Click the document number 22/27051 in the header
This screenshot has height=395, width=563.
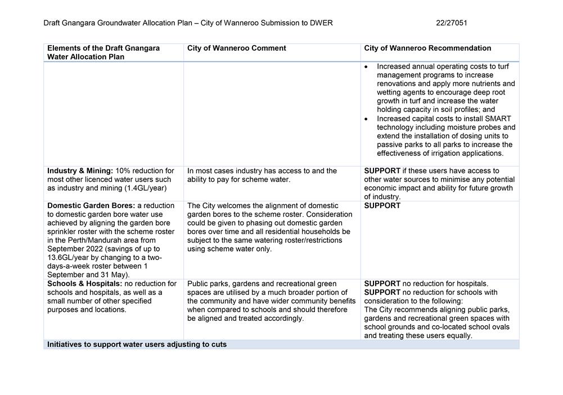(451, 23)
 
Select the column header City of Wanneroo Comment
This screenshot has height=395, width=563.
(236, 48)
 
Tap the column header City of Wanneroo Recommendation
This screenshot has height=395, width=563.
(427, 48)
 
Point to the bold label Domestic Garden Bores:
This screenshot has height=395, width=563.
(90, 206)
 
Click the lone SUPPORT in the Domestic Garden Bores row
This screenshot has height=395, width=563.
(382, 206)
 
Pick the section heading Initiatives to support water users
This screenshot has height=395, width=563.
(137, 344)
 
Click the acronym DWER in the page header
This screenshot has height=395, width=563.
(321, 23)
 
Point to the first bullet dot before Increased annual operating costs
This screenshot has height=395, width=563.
(367, 67)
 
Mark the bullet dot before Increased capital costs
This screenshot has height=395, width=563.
(367, 119)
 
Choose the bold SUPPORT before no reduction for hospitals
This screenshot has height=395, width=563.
(382, 284)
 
